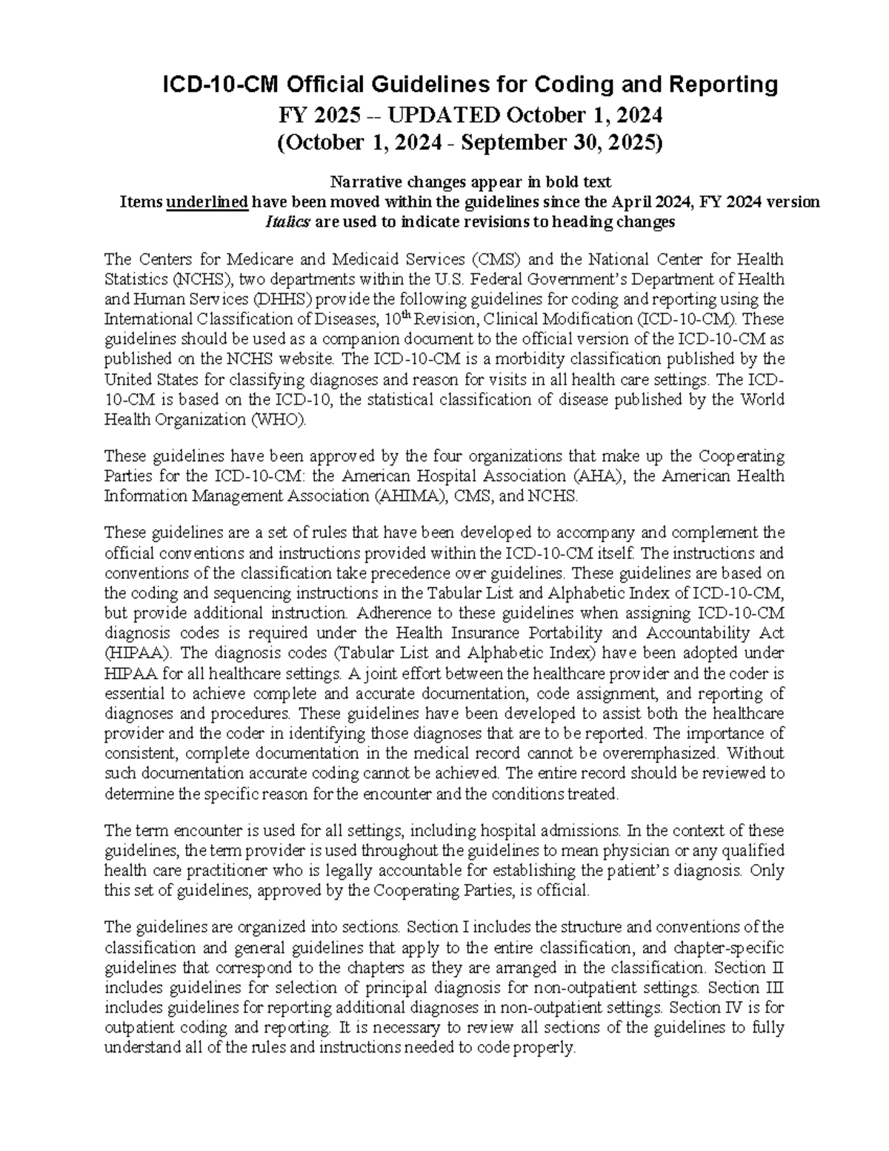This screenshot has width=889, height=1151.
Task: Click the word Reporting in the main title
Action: (x=718, y=85)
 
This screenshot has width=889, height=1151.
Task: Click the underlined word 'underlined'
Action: (x=207, y=202)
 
